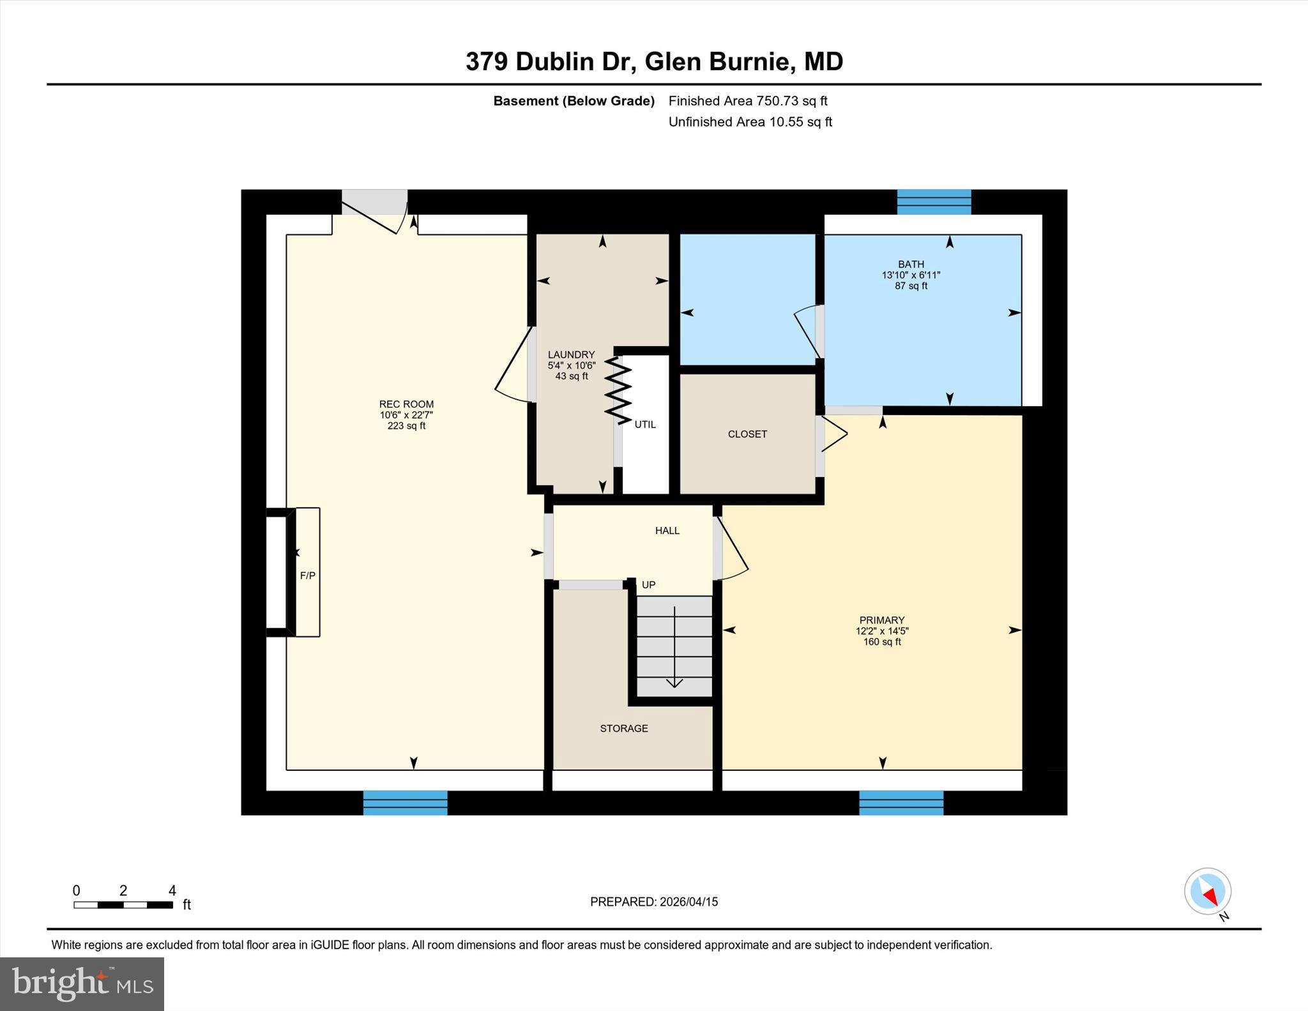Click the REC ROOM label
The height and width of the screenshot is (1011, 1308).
click(x=406, y=404)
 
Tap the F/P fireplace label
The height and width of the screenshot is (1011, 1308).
click(x=307, y=575)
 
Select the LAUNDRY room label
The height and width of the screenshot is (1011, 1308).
click(x=571, y=354)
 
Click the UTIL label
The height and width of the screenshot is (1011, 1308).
click(x=645, y=424)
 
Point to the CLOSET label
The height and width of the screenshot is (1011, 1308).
click(x=747, y=434)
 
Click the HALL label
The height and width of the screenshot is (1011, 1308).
click(x=667, y=531)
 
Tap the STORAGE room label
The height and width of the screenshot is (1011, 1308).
click(x=623, y=728)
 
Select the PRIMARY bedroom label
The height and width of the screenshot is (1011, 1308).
click(x=881, y=620)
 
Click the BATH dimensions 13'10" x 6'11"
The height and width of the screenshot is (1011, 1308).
click(x=911, y=275)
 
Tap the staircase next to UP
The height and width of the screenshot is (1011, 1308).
click(x=674, y=646)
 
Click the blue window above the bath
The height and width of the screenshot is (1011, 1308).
click(x=934, y=202)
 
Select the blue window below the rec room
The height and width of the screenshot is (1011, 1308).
click(x=405, y=803)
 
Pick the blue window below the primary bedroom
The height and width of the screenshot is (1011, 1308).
click(x=901, y=803)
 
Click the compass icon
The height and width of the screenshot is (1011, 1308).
click(x=1207, y=892)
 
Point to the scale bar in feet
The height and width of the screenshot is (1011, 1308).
click(x=123, y=904)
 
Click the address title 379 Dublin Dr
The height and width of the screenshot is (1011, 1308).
click(x=654, y=62)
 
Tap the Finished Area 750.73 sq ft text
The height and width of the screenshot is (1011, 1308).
click(x=747, y=101)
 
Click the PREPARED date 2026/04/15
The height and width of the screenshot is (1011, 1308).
click(x=654, y=902)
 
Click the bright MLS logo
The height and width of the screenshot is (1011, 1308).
click(x=82, y=984)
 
